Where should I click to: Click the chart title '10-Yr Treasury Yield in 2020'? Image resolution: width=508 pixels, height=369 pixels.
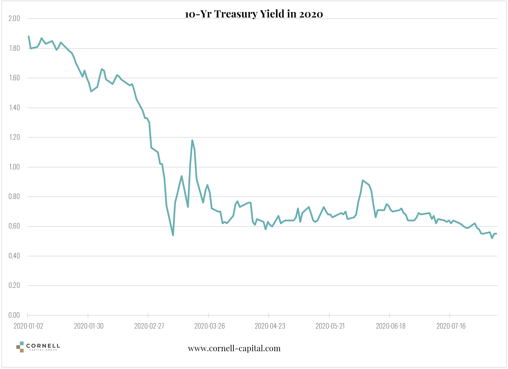pos(254,14)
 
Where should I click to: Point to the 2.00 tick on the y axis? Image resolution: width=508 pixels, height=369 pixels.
pos(14,19)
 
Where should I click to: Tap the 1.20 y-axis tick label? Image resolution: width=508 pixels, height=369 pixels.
pos(14,137)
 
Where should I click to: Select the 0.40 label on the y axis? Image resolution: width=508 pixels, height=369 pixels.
pos(14,256)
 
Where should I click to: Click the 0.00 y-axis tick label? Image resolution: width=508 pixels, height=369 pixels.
pos(14,315)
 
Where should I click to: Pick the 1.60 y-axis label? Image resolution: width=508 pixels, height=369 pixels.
pos(14,78)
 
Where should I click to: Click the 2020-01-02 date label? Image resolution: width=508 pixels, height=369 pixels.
pos(28,326)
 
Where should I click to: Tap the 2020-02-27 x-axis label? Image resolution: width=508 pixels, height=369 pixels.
pos(149,326)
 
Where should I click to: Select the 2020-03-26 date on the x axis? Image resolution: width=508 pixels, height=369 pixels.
pos(209,326)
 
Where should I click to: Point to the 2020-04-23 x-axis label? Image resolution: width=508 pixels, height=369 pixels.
pos(270,326)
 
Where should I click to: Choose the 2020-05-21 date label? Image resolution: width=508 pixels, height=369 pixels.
pos(330,326)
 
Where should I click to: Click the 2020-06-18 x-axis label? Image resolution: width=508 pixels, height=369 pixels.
pos(391,326)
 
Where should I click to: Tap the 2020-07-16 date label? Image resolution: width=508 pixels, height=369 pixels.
pos(451,326)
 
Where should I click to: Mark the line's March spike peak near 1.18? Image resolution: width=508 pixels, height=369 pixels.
pos(192,140)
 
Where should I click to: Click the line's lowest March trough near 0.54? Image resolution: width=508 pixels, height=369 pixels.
pos(173,235)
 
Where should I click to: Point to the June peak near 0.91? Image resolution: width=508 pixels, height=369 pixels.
pos(363,180)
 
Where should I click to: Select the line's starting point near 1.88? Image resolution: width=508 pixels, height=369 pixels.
pos(28,36)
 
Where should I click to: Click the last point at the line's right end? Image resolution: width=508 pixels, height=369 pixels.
pos(496,234)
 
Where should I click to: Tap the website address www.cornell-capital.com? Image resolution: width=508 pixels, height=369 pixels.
pos(234,349)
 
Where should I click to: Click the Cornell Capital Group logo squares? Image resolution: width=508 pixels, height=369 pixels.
pos(20,347)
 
